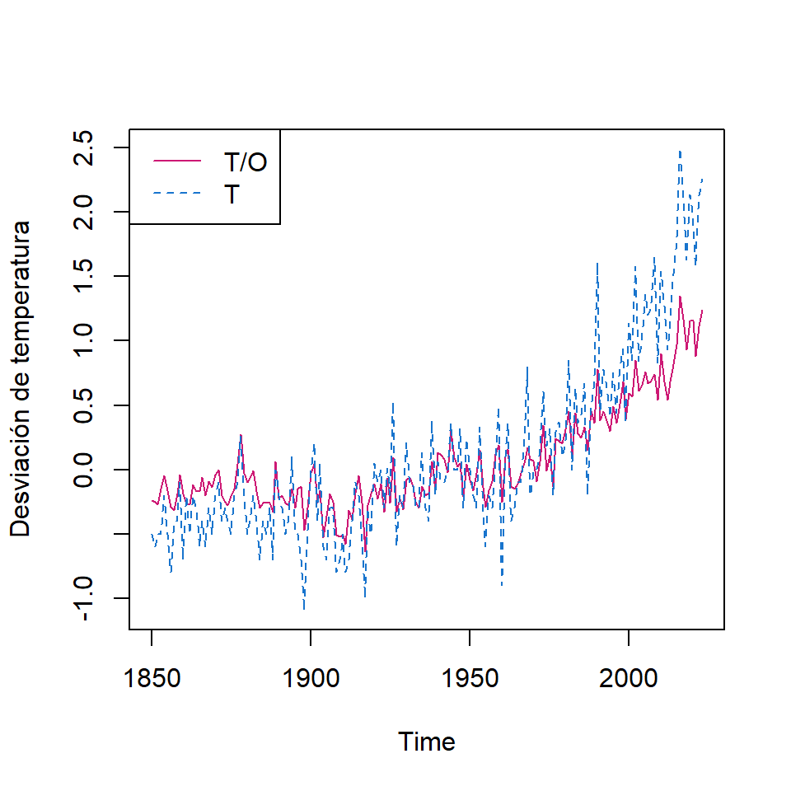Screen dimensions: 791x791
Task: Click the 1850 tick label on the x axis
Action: (152, 680)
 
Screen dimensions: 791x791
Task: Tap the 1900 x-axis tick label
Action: (311, 680)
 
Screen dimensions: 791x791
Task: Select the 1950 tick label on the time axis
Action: (469, 680)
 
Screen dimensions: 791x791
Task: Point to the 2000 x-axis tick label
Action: (628, 680)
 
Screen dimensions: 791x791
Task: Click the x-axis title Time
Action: (427, 742)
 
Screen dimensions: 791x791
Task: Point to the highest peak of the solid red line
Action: (680, 297)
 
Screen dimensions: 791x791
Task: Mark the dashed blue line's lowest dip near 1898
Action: (305, 609)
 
